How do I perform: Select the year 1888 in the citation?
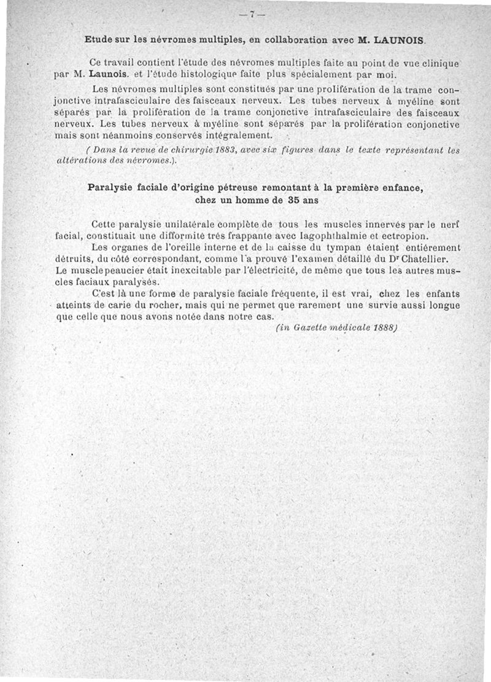[385, 328]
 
